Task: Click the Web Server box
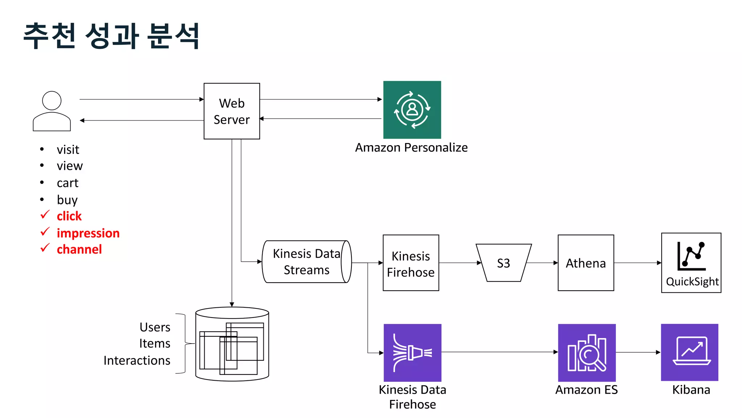[232, 111]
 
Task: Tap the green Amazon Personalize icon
[412, 110]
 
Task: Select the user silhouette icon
[51, 111]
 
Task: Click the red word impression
[88, 233]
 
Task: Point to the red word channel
[79, 249]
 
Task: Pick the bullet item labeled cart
[67, 183]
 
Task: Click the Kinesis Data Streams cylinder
[306, 262]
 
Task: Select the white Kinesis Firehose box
[410, 263]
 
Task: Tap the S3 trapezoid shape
[503, 263]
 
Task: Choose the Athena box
[585, 263]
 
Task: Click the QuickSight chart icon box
[691, 263]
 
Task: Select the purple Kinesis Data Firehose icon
[412, 352]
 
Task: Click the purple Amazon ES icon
[587, 352]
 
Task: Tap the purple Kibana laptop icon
[689, 352]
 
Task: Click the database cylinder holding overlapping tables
[232, 344]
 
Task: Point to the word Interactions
[137, 360]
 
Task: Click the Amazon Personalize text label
[411, 148]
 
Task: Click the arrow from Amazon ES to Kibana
[638, 352]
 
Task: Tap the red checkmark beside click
[45, 215]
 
